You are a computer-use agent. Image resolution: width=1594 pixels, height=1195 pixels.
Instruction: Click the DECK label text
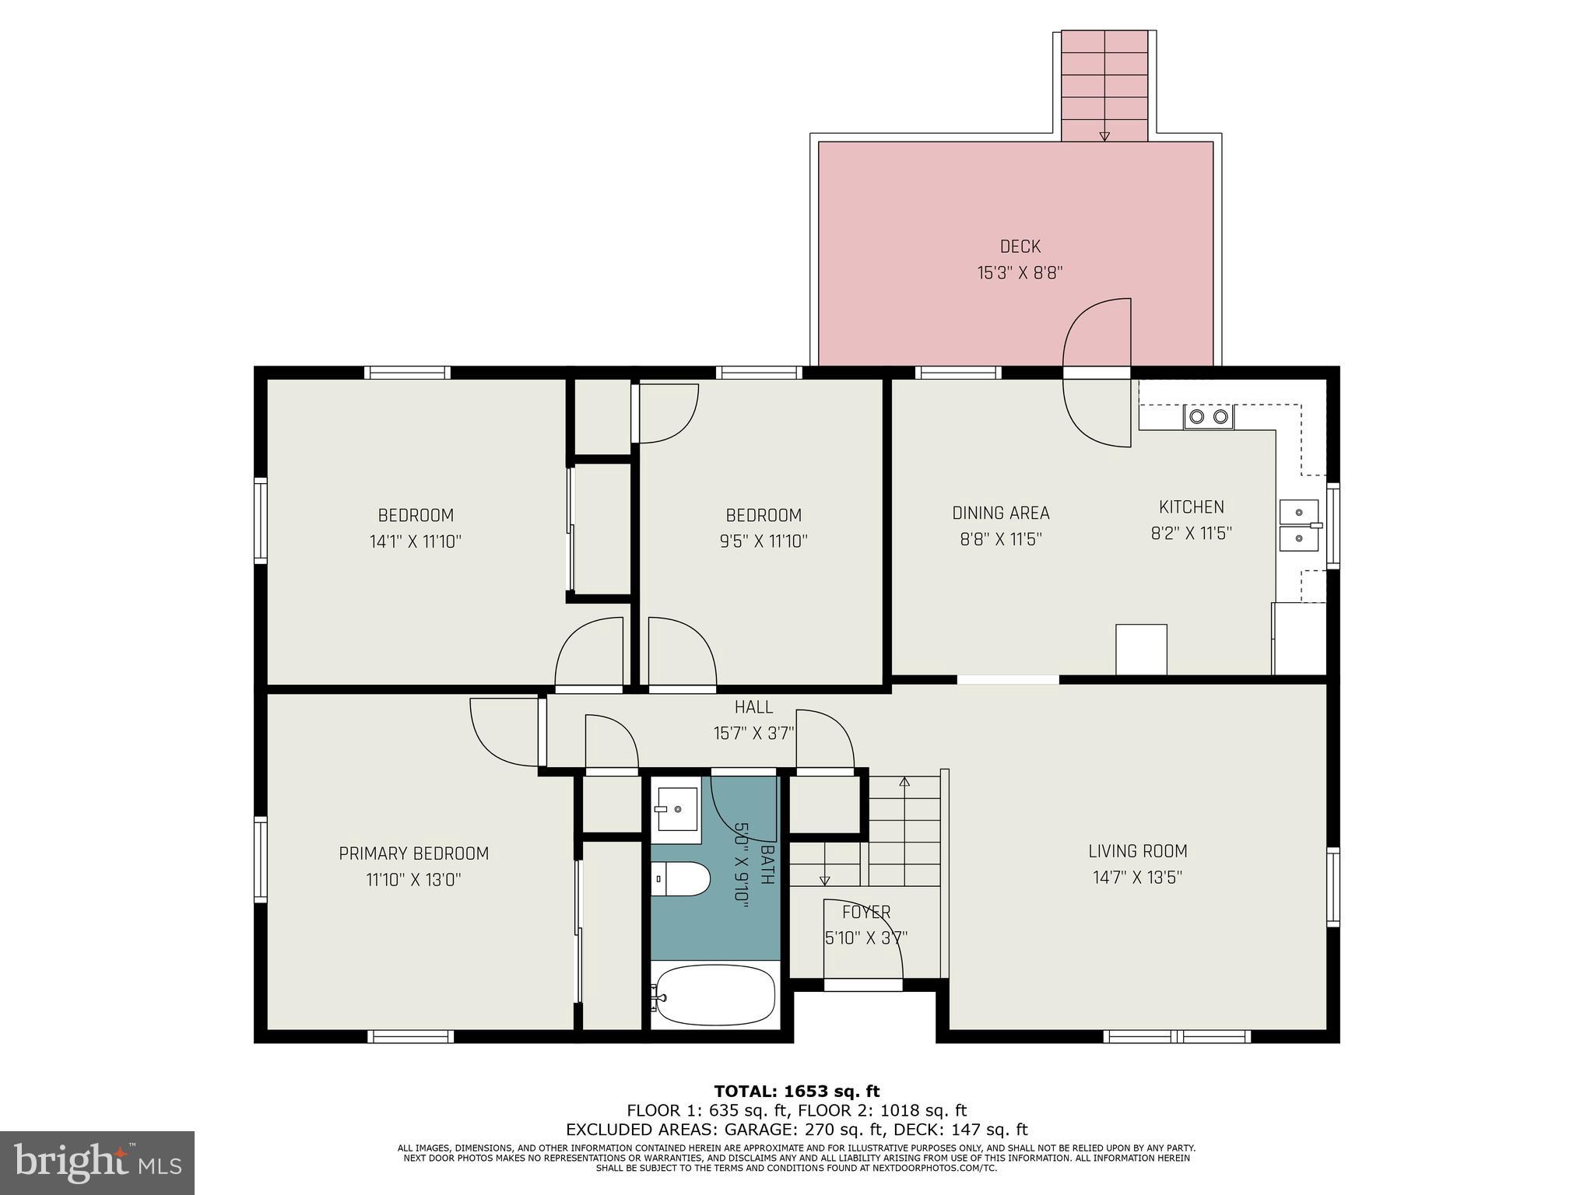click(x=1020, y=247)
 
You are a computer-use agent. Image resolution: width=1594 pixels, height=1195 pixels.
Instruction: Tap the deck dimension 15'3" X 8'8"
click(x=1020, y=273)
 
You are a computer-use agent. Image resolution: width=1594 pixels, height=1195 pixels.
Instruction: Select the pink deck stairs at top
click(x=1104, y=86)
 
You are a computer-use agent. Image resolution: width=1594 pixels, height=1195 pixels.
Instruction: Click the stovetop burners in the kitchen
click(x=1209, y=417)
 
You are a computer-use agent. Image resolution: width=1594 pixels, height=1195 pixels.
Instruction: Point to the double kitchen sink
click(x=1299, y=525)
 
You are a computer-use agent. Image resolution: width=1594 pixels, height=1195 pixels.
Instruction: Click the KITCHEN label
click(x=1191, y=507)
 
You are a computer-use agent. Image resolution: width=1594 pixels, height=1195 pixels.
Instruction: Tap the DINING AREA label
click(x=1000, y=513)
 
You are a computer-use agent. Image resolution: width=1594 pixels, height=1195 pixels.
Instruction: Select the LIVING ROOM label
click(x=1137, y=851)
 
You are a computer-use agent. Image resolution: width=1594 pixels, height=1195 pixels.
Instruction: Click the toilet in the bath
click(x=681, y=879)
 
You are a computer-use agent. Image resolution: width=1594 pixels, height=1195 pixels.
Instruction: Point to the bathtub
click(x=714, y=996)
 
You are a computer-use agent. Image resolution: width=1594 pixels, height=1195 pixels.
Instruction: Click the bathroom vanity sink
click(x=675, y=810)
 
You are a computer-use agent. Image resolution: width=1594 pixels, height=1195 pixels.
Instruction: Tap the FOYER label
click(x=865, y=912)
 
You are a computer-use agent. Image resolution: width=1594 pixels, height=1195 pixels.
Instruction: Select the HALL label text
click(x=753, y=707)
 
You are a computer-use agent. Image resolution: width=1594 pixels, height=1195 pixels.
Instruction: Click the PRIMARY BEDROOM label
click(x=413, y=853)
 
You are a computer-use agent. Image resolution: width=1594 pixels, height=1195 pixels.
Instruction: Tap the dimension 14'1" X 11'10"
click(x=415, y=541)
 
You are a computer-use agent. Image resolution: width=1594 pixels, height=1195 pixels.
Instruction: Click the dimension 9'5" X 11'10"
click(x=763, y=541)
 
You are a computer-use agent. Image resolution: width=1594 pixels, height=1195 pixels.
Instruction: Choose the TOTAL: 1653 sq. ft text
click(x=796, y=1092)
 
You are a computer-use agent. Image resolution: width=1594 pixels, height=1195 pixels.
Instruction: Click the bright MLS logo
click(x=97, y=1162)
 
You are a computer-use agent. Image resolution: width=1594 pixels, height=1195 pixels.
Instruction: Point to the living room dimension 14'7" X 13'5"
click(x=1137, y=878)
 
